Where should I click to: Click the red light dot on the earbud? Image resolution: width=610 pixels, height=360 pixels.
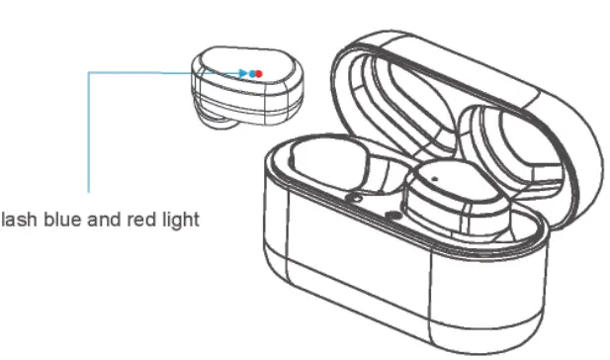click(259, 74)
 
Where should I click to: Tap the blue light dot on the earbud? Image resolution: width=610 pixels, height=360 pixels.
click(252, 73)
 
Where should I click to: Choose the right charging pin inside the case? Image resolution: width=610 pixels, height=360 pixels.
click(392, 213)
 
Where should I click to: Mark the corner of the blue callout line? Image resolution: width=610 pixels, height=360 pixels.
click(88, 72)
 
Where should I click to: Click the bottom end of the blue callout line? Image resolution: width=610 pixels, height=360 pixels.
click(88, 191)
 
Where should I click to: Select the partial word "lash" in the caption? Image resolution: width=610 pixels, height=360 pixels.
click(14, 220)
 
